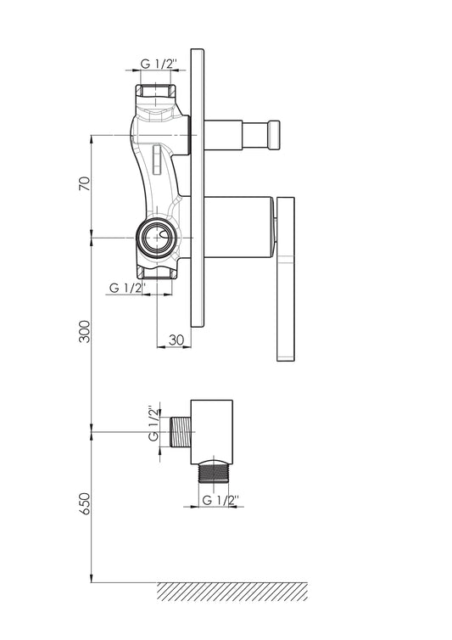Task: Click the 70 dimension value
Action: click(x=84, y=183)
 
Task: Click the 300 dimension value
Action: click(x=84, y=331)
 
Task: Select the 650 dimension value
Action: click(x=84, y=503)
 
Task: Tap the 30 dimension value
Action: click(x=176, y=340)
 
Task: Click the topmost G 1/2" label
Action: click(x=159, y=64)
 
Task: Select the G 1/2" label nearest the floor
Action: click(x=220, y=500)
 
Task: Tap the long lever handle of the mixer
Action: click(x=286, y=278)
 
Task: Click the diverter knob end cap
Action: click(x=274, y=135)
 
